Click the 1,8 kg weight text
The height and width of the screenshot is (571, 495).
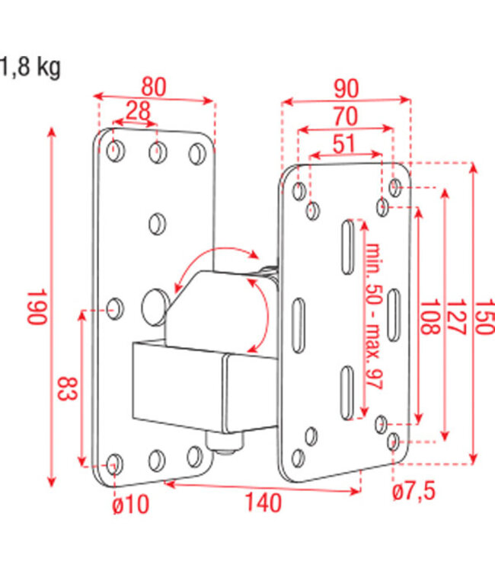point(30,68)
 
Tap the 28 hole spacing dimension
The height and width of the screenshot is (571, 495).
point(137,112)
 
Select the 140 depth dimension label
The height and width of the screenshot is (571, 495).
point(263,503)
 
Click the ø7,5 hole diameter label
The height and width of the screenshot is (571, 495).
point(415,492)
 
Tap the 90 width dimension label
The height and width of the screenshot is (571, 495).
point(346,88)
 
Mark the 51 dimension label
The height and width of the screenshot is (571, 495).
point(345,143)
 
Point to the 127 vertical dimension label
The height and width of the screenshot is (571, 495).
point(455,314)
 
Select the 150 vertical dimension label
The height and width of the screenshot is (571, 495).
point(484,314)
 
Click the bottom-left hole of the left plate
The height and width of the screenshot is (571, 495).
point(114,464)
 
